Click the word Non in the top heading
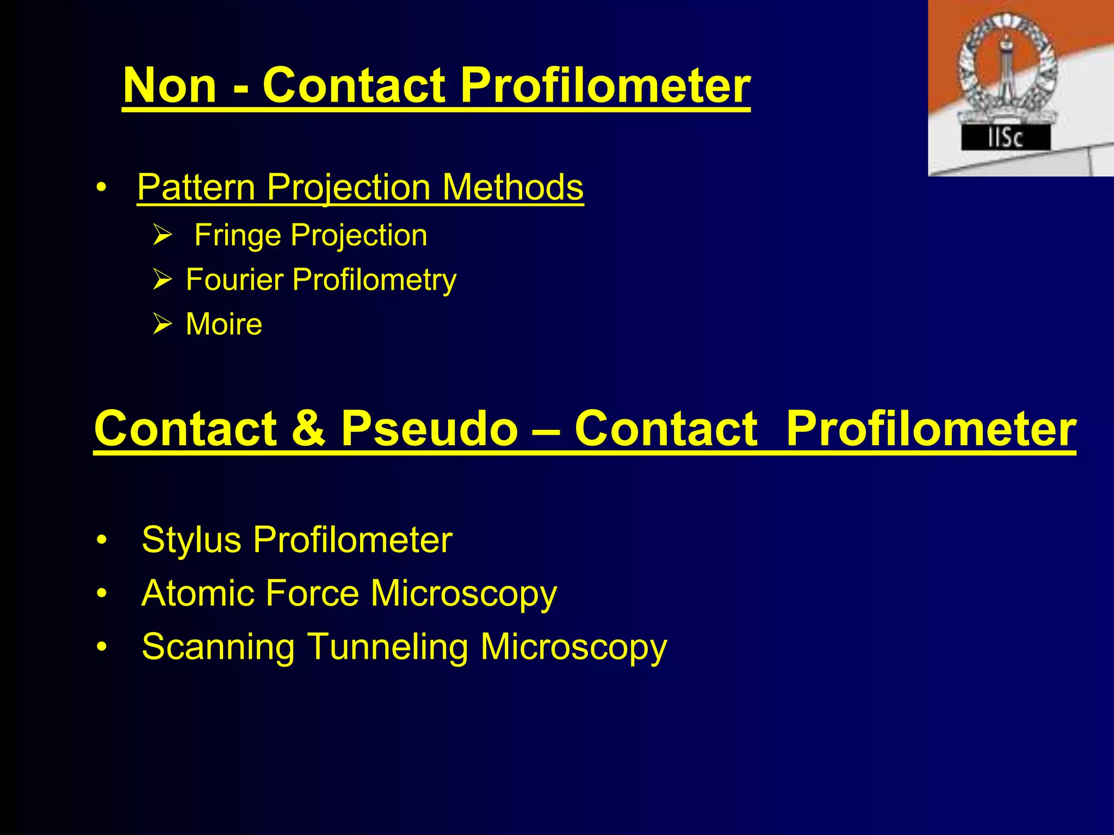click(x=170, y=86)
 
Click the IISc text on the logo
click(x=1005, y=138)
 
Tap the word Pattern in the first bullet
click(x=196, y=188)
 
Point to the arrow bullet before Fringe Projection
click(x=162, y=235)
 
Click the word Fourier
click(x=234, y=280)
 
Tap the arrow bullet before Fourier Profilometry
click(x=162, y=280)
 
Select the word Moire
click(x=224, y=325)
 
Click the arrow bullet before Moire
click(x=162, y=325)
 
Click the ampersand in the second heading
click(x=308, y=428)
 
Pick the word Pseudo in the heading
click(x=430, y=428)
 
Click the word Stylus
click(x=191, y=540)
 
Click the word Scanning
click(x=218, y=647)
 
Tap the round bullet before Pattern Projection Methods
click(x=101, y=188)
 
